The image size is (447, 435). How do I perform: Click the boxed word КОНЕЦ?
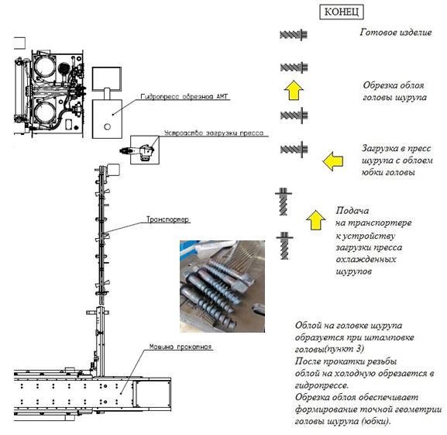[x=341, y=12]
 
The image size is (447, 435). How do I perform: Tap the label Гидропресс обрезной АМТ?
[x=184, y=97]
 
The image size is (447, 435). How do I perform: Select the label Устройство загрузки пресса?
[x=214, y=133]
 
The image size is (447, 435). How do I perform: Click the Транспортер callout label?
[x=167, y=219]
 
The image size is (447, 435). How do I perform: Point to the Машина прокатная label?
[x=181, y=347]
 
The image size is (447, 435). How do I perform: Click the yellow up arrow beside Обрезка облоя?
[x=294, y=90]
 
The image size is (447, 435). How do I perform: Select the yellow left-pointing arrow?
[x=332, y=161]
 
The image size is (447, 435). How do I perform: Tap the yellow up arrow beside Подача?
[x=316, y=220]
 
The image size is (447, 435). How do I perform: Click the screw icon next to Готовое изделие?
[x=294, y=35]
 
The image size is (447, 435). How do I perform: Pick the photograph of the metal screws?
[x=222, y=286]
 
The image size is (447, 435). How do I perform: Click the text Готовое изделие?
[x=396, y=33]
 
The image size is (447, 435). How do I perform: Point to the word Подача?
[x=352, y=210]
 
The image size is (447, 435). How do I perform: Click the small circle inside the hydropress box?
[x=108, y=126]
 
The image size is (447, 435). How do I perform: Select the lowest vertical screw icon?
[x=284, y=245]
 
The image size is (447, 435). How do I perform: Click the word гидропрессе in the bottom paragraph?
[x=321, y=385]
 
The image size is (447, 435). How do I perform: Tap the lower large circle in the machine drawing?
[x=44, y=111]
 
